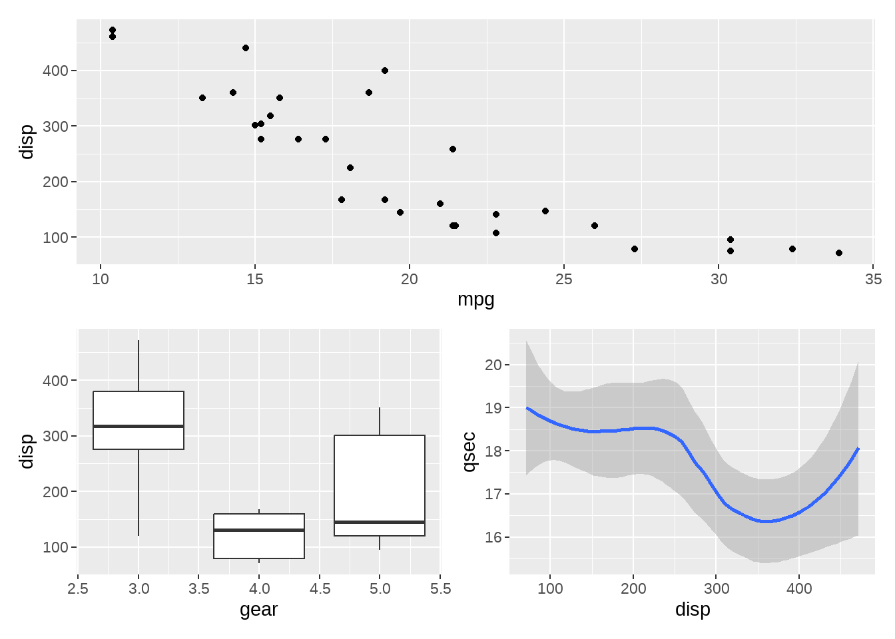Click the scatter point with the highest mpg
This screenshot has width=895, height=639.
838,253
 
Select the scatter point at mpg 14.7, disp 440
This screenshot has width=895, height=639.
246,48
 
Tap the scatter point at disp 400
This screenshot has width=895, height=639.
385,71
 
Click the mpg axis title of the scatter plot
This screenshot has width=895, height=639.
475,300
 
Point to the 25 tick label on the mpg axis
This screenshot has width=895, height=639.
563,280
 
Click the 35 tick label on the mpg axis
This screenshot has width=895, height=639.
873,280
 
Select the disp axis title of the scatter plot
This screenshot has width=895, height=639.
27,142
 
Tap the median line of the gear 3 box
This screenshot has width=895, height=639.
139,426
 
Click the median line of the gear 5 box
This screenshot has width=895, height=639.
380,522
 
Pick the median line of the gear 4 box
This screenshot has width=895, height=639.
259,530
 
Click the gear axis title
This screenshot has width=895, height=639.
258,610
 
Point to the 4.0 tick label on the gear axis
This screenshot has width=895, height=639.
259,588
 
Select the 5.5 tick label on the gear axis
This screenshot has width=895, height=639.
440,588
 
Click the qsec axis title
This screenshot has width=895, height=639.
469,451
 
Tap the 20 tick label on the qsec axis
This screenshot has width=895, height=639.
493,365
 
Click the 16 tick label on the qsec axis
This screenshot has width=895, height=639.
493,537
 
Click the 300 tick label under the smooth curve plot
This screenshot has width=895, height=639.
716,588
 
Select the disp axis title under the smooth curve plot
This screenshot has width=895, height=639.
693,610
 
